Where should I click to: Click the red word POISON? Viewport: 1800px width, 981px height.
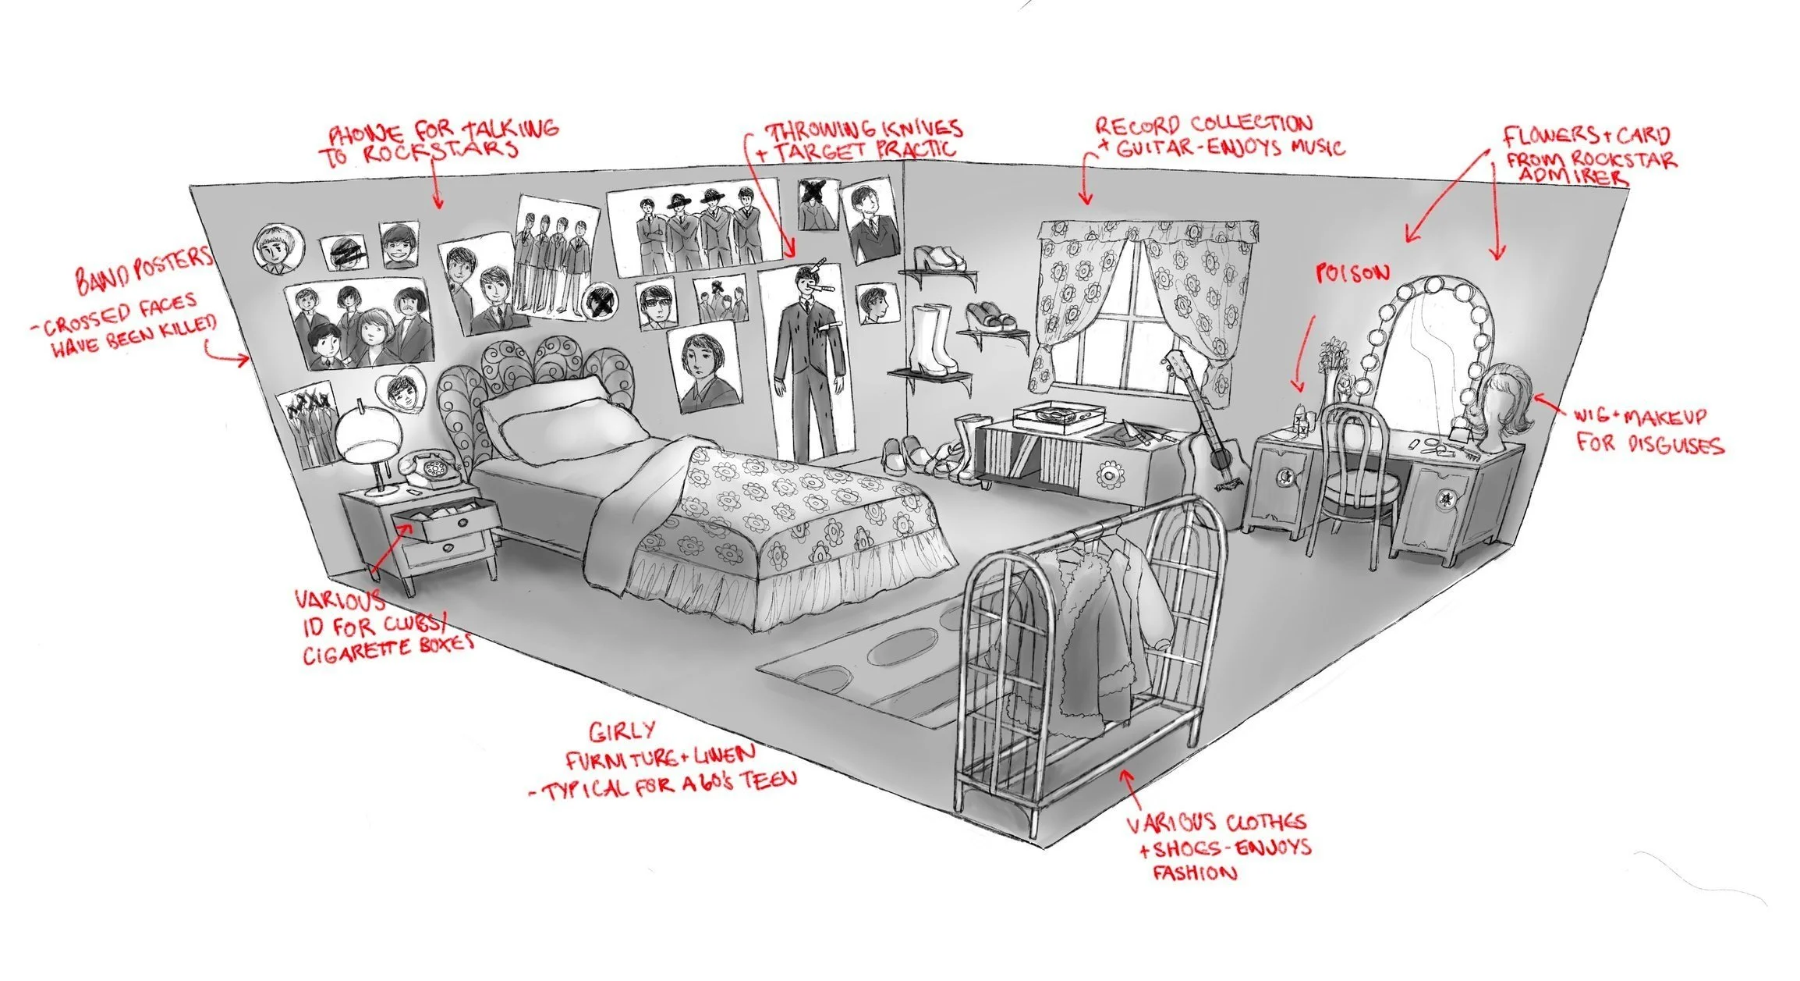pos(1352,273)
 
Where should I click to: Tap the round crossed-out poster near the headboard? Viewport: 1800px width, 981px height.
pos(602,299)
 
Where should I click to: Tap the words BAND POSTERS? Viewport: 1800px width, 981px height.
pos(144,269)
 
